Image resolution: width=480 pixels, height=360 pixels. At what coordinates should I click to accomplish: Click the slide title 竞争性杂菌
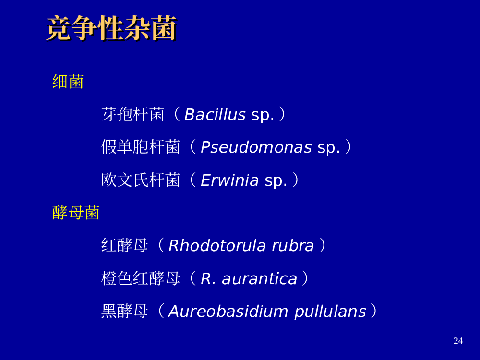point(111,28)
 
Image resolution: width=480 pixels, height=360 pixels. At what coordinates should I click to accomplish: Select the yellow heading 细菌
point(68,82)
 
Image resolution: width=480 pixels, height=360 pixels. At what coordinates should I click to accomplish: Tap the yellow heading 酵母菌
point(76,213)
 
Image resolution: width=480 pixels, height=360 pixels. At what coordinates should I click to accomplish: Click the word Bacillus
point(215,115)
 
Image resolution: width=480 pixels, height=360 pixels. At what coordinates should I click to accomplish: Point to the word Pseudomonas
point(256,147)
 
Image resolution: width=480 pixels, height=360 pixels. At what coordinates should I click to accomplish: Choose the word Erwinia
point(229,180)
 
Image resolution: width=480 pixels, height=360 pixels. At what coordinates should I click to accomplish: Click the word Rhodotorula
point(217,245)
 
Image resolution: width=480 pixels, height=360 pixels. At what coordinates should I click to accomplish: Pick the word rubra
point(293,245)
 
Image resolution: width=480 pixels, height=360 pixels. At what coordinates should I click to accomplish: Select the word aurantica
point(260,279)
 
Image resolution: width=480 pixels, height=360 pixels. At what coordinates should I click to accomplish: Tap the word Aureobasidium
point(228,312)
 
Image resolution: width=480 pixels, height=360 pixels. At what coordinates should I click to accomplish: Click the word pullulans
point(330,312)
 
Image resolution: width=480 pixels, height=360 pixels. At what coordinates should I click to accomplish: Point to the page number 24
point(458,341)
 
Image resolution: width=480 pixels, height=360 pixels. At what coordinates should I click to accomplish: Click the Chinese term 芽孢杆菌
point(133,115)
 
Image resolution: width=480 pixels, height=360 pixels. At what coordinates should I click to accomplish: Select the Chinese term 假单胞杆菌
point(141,147)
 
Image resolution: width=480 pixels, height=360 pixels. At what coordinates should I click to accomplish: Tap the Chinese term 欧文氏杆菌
point(141,180)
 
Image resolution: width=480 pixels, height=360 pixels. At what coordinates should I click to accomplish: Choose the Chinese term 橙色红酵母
point(141,278)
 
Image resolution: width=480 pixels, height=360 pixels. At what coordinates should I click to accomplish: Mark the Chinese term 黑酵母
point(125,312)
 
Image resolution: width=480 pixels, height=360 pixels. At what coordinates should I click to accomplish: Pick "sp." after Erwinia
point(276,181)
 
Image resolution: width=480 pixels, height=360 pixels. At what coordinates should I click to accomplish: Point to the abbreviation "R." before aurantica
point(208,278)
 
